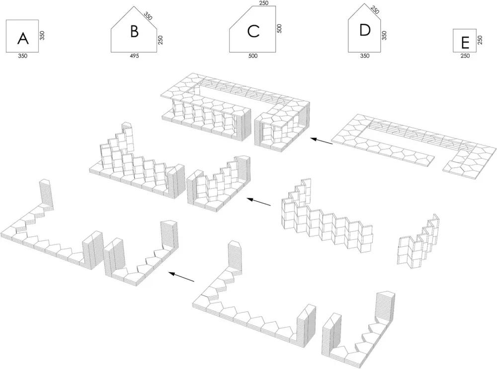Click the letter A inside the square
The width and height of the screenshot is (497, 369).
(x=23, y=38)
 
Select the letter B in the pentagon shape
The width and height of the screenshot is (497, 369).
(x=134, y=32)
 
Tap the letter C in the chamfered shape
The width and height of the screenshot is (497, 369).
(x=253, y=32)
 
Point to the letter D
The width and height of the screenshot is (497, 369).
(x=365, y=30)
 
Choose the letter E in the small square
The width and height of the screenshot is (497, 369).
(x=465, y=43)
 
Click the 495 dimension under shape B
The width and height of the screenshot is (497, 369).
(x=134, y=56)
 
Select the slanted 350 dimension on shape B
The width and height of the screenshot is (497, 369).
(x=148, y=16)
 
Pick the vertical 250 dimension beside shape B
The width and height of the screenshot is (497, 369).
(x=161, y=40)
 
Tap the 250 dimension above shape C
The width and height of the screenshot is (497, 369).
(x=264, y=3)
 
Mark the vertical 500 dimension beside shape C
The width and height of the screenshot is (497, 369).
(x=279, y=28)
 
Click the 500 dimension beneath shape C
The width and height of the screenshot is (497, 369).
(x=253, y=56)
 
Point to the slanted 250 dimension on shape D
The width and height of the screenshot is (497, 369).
(x=375, y=9)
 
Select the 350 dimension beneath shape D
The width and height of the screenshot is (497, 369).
(x=365, y=56)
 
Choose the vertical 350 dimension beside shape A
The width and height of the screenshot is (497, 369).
(x=42, y=35)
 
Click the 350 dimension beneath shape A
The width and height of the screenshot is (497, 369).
(x=23, y=56)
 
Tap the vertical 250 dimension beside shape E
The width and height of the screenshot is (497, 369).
(x=480, y=40)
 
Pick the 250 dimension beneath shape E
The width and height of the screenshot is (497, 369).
(x=465, y=56)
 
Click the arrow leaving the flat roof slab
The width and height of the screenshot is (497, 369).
(x=322, y=141)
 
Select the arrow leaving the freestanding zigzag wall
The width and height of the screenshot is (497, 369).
(x=259, y=202)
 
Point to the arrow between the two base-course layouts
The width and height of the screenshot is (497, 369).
(x=181, y=277)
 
